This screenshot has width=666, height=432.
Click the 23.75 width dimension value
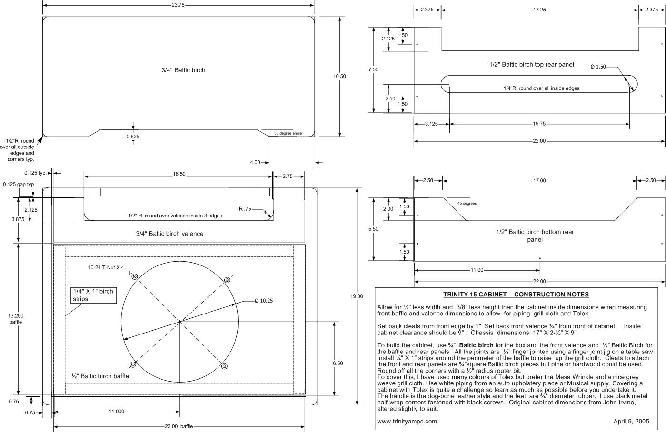(x=178, y=5)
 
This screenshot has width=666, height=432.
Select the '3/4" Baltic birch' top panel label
(x=183, y=70)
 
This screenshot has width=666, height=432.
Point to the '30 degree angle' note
(x=288, y=133)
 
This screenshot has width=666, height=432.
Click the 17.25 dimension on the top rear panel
(x=539, y=10)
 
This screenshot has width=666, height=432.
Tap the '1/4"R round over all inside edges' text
(x=541, y=88)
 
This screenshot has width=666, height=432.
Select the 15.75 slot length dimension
(x=539, y=124)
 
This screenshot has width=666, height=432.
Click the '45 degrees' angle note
(x=467, y=203)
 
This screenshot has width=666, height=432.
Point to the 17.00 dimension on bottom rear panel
(x=539, y=181)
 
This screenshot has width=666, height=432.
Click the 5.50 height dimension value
(x=373, y=229)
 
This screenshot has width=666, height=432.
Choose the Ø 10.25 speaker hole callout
(x=264, y=301)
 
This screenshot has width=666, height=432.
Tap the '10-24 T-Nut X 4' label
(x=106, y=267)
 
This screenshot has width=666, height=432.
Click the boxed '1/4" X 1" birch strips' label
(x=93, y=295)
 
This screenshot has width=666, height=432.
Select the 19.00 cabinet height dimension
(x=357, y=296)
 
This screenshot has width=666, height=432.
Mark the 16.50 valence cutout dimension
(x=179, y=174)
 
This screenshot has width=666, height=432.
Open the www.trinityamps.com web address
(x=407, y=421)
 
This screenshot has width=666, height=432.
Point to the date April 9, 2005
(x=631, y=421)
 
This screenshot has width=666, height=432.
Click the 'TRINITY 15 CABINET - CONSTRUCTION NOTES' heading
(x=516, y=295)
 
